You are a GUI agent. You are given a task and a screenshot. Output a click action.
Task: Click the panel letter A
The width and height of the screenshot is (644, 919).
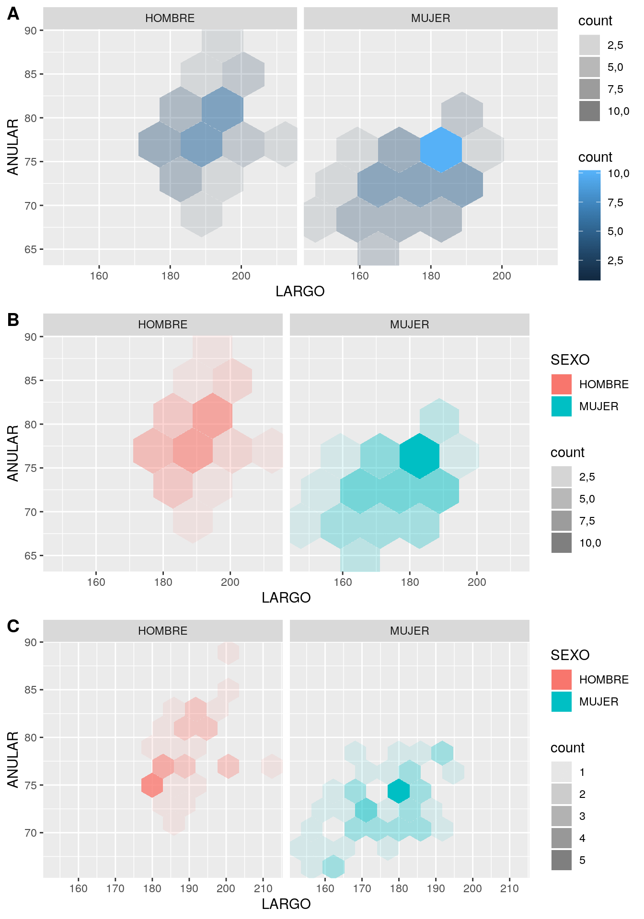pos(13,14)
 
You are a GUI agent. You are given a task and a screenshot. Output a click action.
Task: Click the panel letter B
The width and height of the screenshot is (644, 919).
pos(13,319)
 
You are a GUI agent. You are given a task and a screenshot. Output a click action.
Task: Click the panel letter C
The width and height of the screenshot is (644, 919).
pos(13,626)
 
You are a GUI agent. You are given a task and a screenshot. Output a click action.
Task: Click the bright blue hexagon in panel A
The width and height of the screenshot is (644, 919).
pos(441,150)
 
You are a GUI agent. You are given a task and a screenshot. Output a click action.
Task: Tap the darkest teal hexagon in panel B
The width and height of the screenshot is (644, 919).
pos(419,456)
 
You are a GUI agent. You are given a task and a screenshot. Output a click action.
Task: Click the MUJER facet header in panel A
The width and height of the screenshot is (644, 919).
pos(430,19)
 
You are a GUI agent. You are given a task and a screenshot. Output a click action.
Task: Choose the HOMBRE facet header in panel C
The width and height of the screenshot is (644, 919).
pos(162,631)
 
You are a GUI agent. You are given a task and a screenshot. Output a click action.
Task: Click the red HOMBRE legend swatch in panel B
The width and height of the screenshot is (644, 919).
pos(561,384)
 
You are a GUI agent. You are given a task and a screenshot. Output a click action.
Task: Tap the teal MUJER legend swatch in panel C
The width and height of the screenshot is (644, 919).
pos(561,702)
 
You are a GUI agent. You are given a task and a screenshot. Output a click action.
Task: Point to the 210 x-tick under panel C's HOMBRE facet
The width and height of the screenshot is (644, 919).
pos(263,888)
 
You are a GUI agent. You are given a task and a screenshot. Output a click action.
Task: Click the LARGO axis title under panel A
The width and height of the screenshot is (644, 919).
pos(300,291)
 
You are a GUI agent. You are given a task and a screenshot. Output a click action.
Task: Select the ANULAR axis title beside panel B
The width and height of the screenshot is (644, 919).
pos(13,453)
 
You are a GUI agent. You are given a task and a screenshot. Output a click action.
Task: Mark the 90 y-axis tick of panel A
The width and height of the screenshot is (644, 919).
pos(31,31)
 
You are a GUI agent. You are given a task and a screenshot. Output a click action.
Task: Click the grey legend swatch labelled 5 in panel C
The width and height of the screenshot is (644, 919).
pos(561,860)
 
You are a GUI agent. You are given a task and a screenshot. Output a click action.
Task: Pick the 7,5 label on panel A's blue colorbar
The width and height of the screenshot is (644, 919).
pos(615,202)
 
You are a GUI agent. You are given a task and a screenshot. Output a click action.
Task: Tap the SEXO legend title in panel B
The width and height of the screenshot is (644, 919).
pos(570,360)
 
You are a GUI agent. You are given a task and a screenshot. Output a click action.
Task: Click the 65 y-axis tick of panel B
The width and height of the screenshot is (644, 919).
pos(31,556)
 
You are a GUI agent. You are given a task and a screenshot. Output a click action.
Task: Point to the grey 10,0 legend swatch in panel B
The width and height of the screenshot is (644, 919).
pos(561,543)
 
